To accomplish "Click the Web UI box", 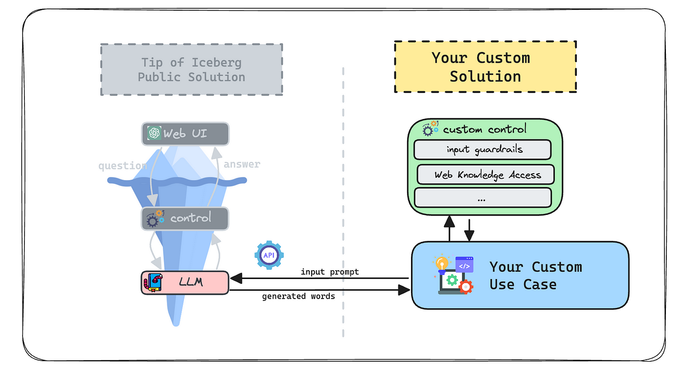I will pos(185,133).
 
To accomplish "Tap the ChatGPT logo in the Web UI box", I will pos(155,133).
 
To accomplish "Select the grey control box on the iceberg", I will pos(185,218).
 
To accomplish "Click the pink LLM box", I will pos(185,282).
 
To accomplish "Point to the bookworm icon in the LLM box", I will pos(153,283).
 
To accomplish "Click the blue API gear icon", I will pos(269,255).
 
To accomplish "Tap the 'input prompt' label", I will pos(330,272).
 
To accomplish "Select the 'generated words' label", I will pos(298,296).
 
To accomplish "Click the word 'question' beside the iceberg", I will pos(122,166).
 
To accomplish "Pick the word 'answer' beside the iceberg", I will pos(242,164).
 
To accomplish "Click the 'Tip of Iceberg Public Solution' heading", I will pos(191,70).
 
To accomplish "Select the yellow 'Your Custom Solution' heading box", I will pos(485,67).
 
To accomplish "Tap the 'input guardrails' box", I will pos(482,149).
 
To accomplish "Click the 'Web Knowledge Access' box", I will pos(486,175).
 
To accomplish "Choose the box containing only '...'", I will pos(482,198).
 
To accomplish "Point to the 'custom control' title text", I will pos(484,129).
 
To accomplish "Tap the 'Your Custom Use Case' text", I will pos(535,276).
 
